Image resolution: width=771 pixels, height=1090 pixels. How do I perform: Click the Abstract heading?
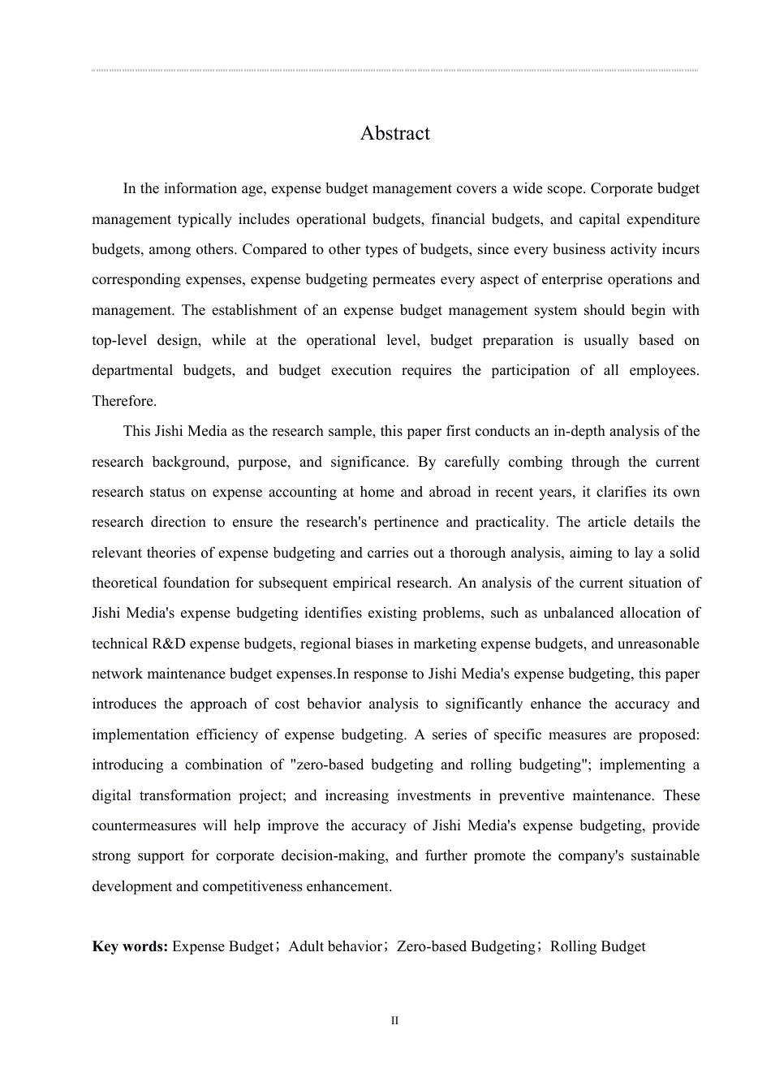point(394,133)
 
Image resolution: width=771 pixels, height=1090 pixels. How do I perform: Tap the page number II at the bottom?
point(395,1021)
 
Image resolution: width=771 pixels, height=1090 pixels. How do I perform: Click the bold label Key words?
point(130,946)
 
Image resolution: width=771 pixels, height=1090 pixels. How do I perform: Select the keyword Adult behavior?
point(334,946)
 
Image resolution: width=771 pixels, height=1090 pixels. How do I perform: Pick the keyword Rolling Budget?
point(597,946)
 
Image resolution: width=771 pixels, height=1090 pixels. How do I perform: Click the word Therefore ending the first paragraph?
point(123,401)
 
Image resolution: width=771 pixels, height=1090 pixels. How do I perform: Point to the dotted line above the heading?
point(394,71)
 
